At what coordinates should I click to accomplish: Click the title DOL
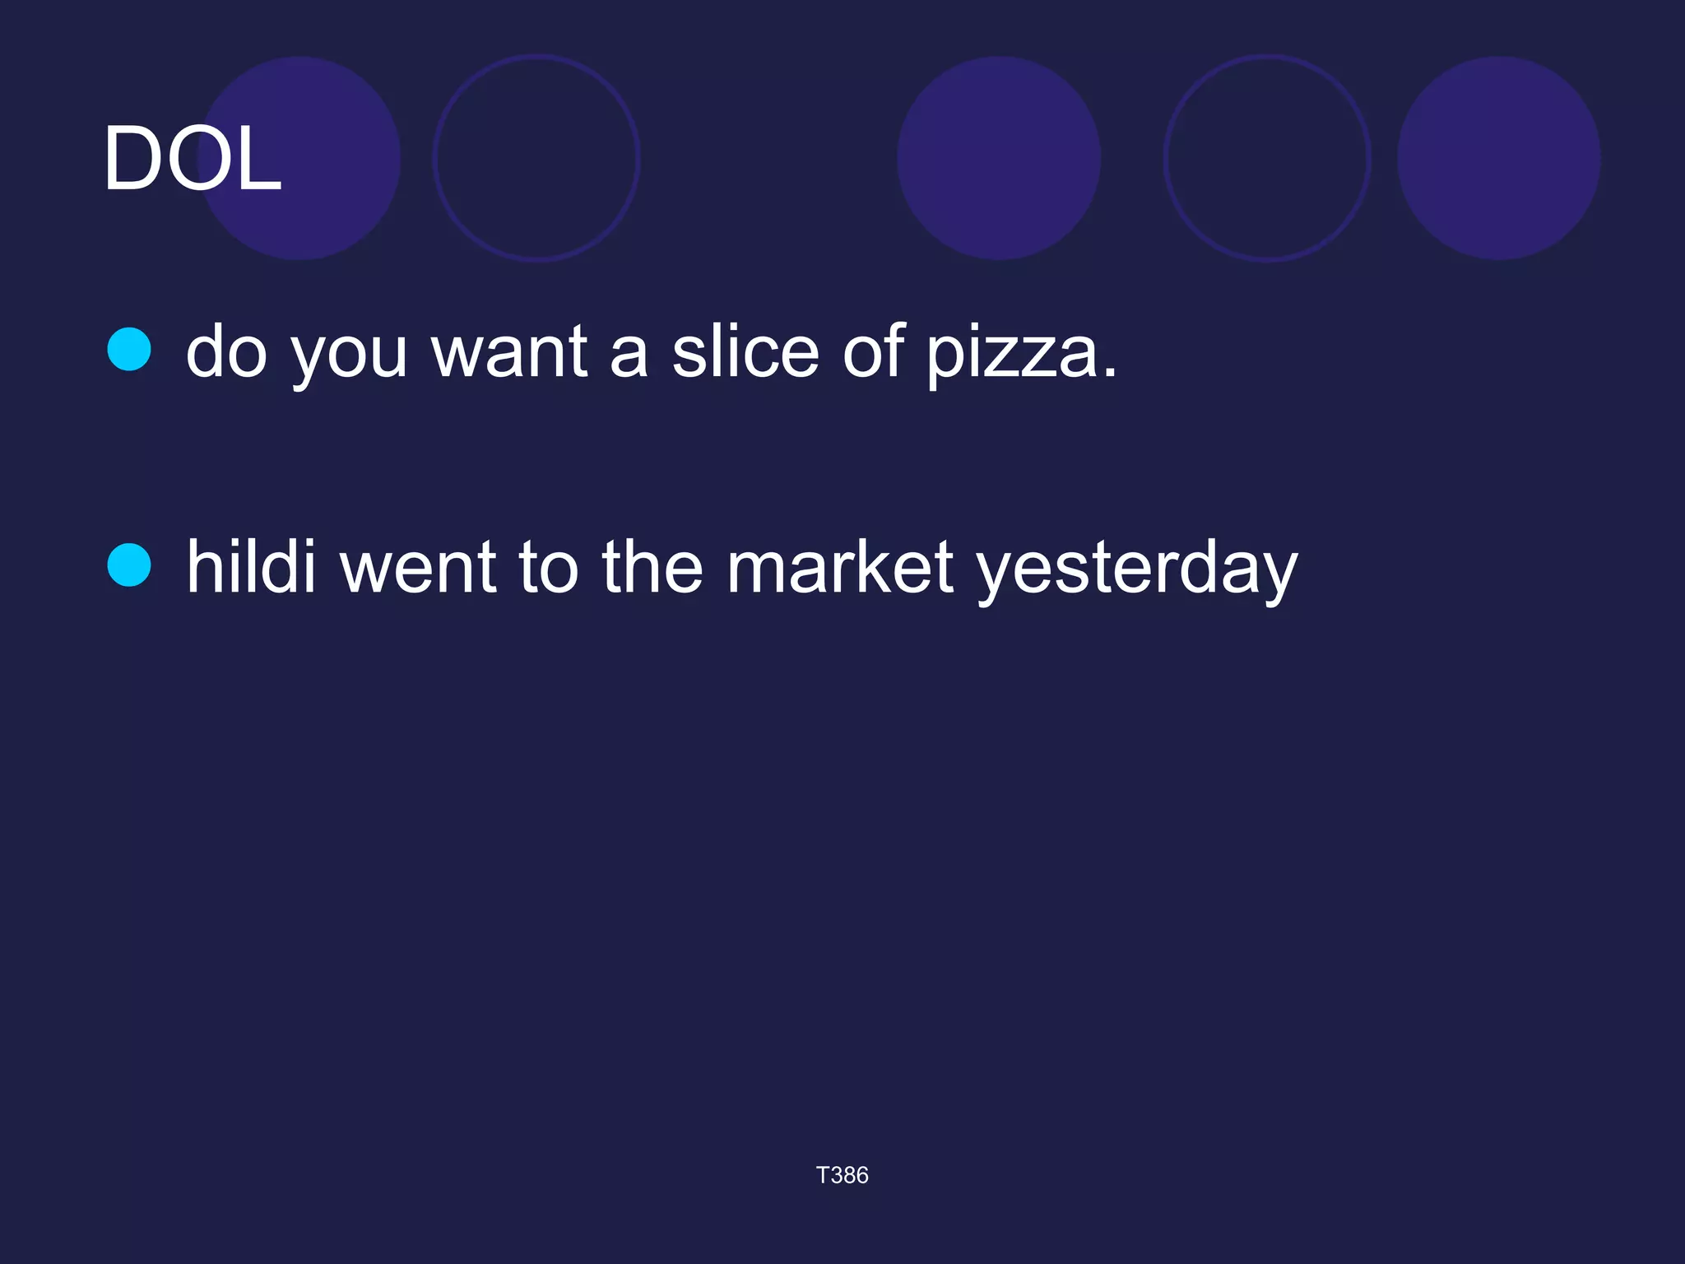pyautogui.click(x=192, y=159)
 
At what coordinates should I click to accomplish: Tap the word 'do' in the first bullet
pyautogui.click(x=226, y=352)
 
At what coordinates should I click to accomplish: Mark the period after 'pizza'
pyautogui.click(x=1110, y=373)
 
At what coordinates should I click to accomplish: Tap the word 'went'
pyautogui.click(x=418, y=568)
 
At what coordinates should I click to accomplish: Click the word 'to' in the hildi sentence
pyautogui.click(x=549, y=568)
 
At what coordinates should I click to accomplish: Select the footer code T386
pyautogui.click(x=842, y=1175)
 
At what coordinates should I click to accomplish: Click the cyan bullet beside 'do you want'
pyautogui.click(x=129, y=350)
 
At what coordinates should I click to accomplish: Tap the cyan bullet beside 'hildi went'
pyautogui.click(x=129, y=565)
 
